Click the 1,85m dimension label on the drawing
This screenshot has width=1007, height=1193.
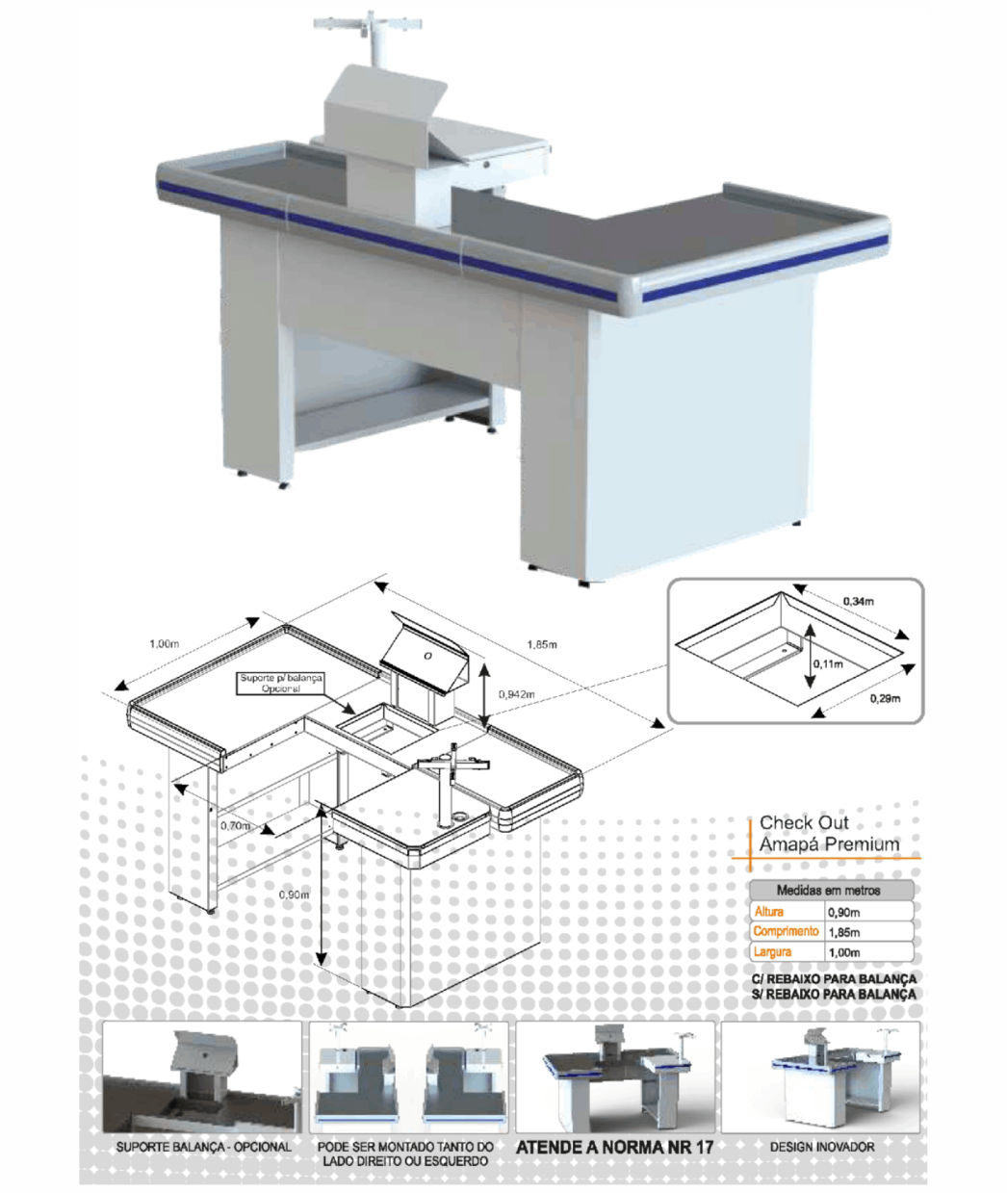[x=541, y=644]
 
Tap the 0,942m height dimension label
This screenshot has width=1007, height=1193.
[x=516, y=694]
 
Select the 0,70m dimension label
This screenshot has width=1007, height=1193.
[x=235, y=825]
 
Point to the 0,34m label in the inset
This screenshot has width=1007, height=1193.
[x=859, y=601]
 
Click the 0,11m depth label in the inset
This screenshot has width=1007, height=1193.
[x=828, y=664]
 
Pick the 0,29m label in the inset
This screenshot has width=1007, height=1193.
[x=886, y=698]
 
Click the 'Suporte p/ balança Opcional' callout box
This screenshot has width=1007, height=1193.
[x=281, y=684]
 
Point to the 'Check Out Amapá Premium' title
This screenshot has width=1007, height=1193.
[x=829, y=833]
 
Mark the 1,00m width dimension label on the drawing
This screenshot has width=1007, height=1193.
[x=164, y=644]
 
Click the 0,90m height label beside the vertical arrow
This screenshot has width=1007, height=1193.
[x=295, y=895]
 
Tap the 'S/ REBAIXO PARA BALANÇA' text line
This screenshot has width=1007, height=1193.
[x=834, y=994]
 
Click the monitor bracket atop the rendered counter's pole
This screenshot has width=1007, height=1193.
[x=370, y=24]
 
